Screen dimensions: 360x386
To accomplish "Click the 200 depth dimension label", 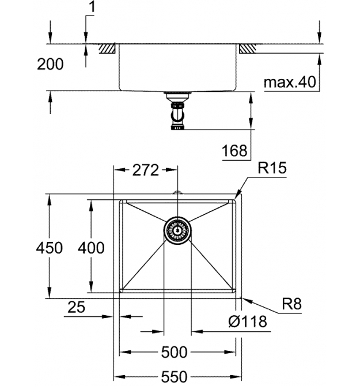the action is click(x=50, y=65).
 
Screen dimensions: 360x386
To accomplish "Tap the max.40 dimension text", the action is click(x=290, y=82).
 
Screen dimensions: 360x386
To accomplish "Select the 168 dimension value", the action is click(x=234, y=150).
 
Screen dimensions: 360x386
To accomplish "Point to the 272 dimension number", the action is click(x=145, y=170).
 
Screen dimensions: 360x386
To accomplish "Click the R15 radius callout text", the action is click(x=272, y=168).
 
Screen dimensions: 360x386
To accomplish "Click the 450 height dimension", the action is click(x=49, y=248).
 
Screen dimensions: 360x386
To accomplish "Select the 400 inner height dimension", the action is click(x=91, y=248).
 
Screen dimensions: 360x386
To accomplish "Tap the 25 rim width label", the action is click(x=76, y=307).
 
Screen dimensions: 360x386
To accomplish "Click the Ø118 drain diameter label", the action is click(x=248, y=321).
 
